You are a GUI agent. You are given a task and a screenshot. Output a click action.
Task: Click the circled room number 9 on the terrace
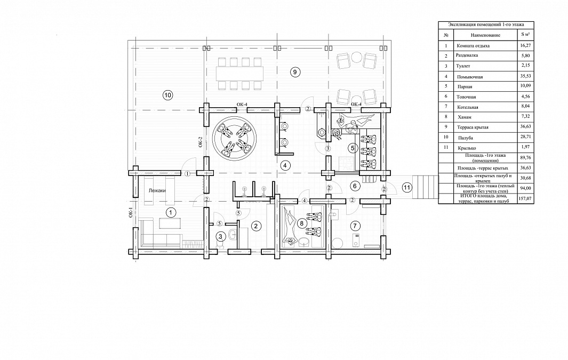[295, 72]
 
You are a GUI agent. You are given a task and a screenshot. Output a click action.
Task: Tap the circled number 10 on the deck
[167, 95]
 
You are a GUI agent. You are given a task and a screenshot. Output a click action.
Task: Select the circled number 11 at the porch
[407, 187]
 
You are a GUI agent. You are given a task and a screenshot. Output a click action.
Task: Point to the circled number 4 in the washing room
[285, 165]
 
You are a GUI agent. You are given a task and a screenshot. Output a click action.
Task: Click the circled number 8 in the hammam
[301, 223]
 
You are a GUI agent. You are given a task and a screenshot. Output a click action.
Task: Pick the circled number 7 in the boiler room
[355, 226]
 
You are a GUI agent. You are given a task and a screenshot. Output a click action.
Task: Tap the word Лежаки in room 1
[157, 190]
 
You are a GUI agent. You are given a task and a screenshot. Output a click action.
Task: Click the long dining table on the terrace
[239, 74]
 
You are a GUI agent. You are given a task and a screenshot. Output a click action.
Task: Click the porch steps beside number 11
[428, 187]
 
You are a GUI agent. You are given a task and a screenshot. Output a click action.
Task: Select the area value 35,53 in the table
[525, 76]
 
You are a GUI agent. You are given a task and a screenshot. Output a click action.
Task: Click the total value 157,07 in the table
[525, 198]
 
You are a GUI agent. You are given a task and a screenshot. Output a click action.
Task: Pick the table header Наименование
[485, 35]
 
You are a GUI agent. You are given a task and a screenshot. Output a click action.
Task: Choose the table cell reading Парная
[465, 87]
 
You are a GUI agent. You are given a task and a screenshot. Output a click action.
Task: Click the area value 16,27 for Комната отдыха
[525, 46]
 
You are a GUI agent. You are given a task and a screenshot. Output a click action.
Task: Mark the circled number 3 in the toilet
[221, 237]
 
